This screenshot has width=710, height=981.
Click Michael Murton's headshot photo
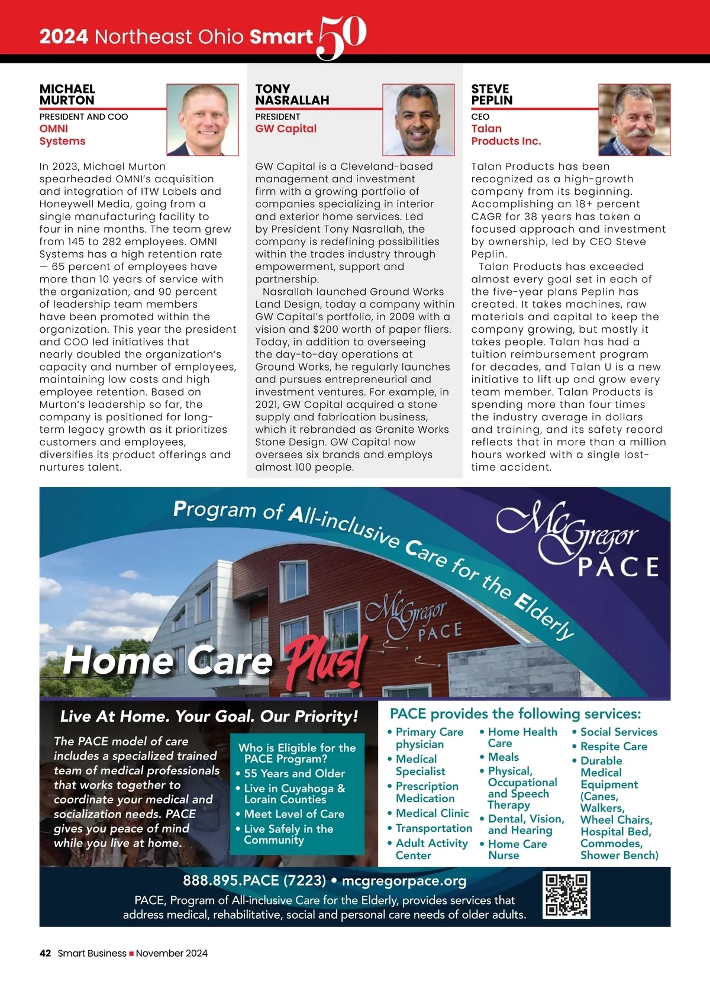click(x=202, y=120)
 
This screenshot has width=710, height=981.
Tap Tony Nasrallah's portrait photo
click(x=418, y=120)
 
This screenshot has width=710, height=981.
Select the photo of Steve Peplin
click(x=634, y=120)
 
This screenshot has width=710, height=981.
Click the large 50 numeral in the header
click(x=341, y=37)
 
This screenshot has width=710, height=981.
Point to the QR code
click(x=566, y=895)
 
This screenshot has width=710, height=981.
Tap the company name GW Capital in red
click(x=286, y=129)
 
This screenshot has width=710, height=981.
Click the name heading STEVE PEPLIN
click(x=492, y=95)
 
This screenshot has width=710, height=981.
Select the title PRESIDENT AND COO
click(x=83, y=117)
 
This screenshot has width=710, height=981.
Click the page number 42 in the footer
click(x=45, y=953)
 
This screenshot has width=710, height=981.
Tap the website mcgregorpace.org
click(x=404, y=881)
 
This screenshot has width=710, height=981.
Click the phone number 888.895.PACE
click(x=254, y=881)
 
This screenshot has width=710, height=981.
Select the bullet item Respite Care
click(x=614, y=747)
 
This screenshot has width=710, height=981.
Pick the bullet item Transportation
click(x=434, y=828)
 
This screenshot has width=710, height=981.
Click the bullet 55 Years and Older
click(x=294, y=774)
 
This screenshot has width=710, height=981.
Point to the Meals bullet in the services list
click(x=503, y=757)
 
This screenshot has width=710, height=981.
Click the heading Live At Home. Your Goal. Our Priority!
click(x=209, y=716)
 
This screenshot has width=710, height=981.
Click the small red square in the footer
click(x=131, y=954)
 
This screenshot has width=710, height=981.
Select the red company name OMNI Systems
click(x=62, y=135)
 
